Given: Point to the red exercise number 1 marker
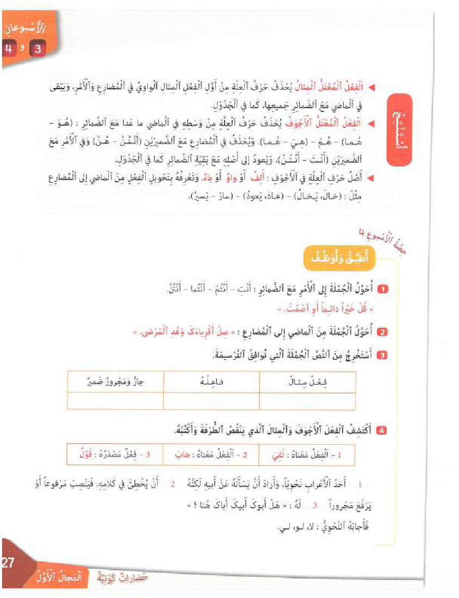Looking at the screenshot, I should [x=383, y=289].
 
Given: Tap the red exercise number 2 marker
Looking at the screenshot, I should [x=383, y=332].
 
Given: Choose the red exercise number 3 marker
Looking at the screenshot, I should [x=383, y=356].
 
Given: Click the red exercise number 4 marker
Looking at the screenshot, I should [x=383, y=431].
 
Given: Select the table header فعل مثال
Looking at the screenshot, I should [x=308, y=382].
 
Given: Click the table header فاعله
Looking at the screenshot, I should [x=212, y=382].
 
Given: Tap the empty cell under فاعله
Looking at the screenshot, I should [x=212, y=401].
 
